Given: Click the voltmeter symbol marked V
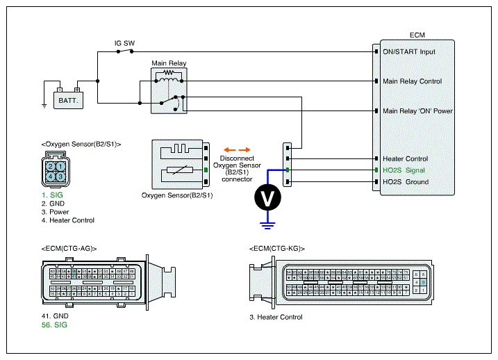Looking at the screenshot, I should pyautogui.click(x=266, y=198).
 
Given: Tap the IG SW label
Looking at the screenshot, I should pyautogui.click(x=125, y=43).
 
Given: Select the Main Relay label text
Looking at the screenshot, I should pyautogui.click(x=169, y=63).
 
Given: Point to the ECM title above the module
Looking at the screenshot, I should pyautogui.click(x=417, y=34).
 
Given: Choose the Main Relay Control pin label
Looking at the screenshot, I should pyautogui.click(x=412, y=81).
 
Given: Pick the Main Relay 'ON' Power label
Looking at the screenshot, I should pyautogui.click(x=417, y=111).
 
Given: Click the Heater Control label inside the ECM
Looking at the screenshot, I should pyautogui.click(x=405, y=158).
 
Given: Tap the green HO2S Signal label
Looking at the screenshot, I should pyautogui.click(x=404, y=170).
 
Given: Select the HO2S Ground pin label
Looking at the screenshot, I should pyautogui.click(x=406, y=182).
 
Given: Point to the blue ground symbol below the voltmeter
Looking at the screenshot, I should pyautogui.click(x=266, y=224).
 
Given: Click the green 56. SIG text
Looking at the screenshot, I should pyautogui.click(x=55, y=325).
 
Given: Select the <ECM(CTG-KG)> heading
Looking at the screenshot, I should pyautogui.click(x=276, y=248).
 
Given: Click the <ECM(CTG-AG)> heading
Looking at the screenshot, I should pyautogui.click(x=69, y=248).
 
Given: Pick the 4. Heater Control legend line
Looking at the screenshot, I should pyautogui.click(x=67, y=220).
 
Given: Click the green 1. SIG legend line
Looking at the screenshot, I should pyautogui.click(x=51, y=196).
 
